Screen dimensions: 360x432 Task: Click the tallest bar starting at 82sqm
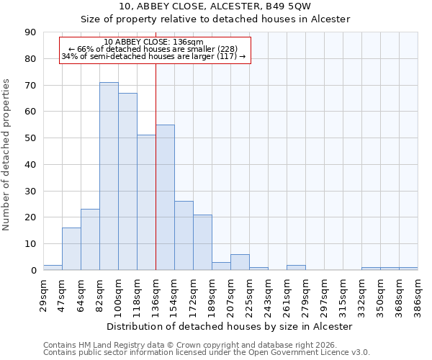tap(109, 176)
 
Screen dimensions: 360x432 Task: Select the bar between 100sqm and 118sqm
tap(127, 181)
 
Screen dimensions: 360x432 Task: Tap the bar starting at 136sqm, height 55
tap(165, 197)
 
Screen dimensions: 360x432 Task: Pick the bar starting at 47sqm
tap(71, 249)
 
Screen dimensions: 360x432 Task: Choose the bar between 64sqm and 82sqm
tap(90, 240)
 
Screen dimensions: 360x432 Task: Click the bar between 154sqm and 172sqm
tap(184, 235)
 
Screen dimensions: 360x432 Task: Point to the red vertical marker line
tap(156, 166)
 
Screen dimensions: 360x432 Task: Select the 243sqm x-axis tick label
tap(268, 294)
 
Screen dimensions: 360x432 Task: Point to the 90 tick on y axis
tap(31, 32)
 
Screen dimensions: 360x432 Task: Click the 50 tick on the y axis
tap(31, 138)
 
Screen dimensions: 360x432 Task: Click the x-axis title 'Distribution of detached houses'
tap(230, 326)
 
